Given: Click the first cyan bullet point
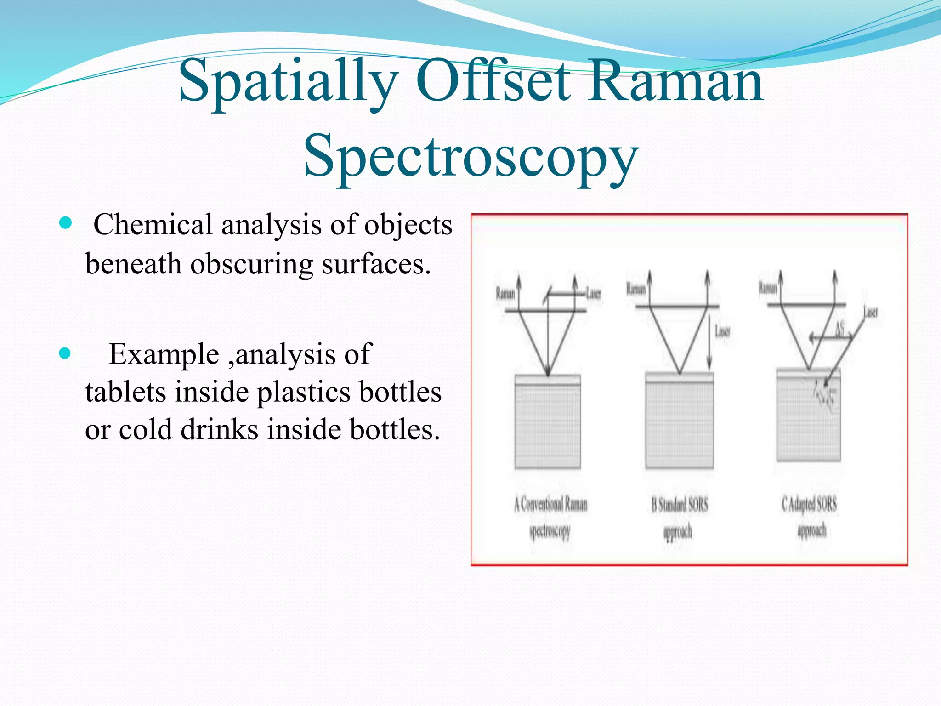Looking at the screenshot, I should point(66,224).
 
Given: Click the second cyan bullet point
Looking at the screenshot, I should point(66,353).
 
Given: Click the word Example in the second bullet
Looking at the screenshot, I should point(164,354).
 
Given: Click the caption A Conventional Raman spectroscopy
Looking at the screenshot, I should point(550,517).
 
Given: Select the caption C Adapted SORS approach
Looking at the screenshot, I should point(810,517).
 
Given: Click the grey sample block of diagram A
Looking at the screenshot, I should point(548,423).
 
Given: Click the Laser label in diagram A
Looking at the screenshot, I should point(594,293).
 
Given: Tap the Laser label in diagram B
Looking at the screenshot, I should point(722,331).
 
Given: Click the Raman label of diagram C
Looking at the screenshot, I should point(767,288).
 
